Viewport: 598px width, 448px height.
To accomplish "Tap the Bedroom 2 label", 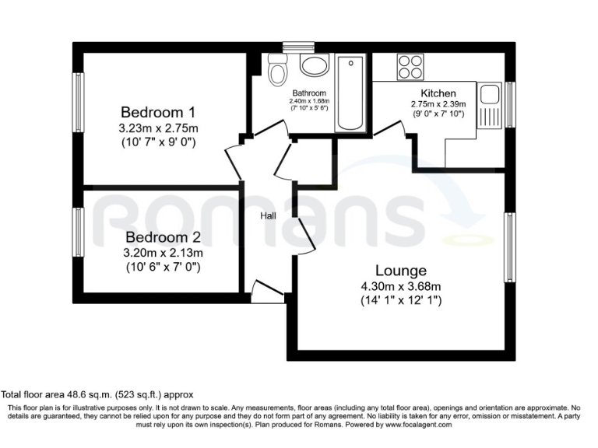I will [x=157, y=237].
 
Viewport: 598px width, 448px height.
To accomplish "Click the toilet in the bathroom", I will [x=276, y=72].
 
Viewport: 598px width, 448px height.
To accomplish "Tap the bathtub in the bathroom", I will [x=350, y=93].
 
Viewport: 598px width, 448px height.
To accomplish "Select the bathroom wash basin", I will [x=313, y=65].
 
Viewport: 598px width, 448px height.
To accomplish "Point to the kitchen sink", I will [x=490, y=95].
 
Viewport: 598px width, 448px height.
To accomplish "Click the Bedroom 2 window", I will [x=79, y=231].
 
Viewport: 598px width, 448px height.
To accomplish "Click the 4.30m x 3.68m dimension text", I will [x=401, y=285].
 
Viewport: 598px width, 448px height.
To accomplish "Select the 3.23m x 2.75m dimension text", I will [x=157, y=128].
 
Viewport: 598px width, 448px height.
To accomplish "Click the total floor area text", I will [x=97, y=394].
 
